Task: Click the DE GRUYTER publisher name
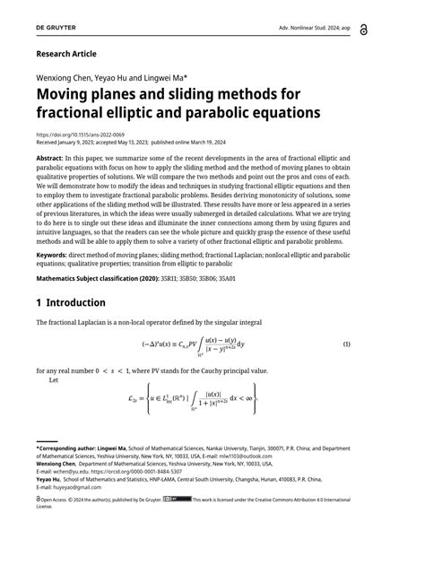[x=56, y=30]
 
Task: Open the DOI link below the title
[x=82, y=135]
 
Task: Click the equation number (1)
[x=371, y=344]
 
